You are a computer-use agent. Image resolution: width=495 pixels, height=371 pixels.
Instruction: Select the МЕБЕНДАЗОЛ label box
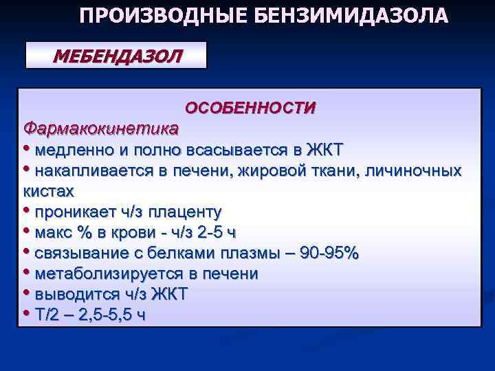[116, 55]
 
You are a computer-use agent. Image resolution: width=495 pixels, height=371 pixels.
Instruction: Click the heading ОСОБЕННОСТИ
[250, 108]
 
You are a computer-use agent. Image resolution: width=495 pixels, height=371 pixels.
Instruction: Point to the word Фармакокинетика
[100, 128]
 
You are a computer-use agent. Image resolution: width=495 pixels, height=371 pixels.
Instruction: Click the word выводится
[76, 294]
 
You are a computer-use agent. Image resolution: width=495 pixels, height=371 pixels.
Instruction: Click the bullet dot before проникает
[27, 210]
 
